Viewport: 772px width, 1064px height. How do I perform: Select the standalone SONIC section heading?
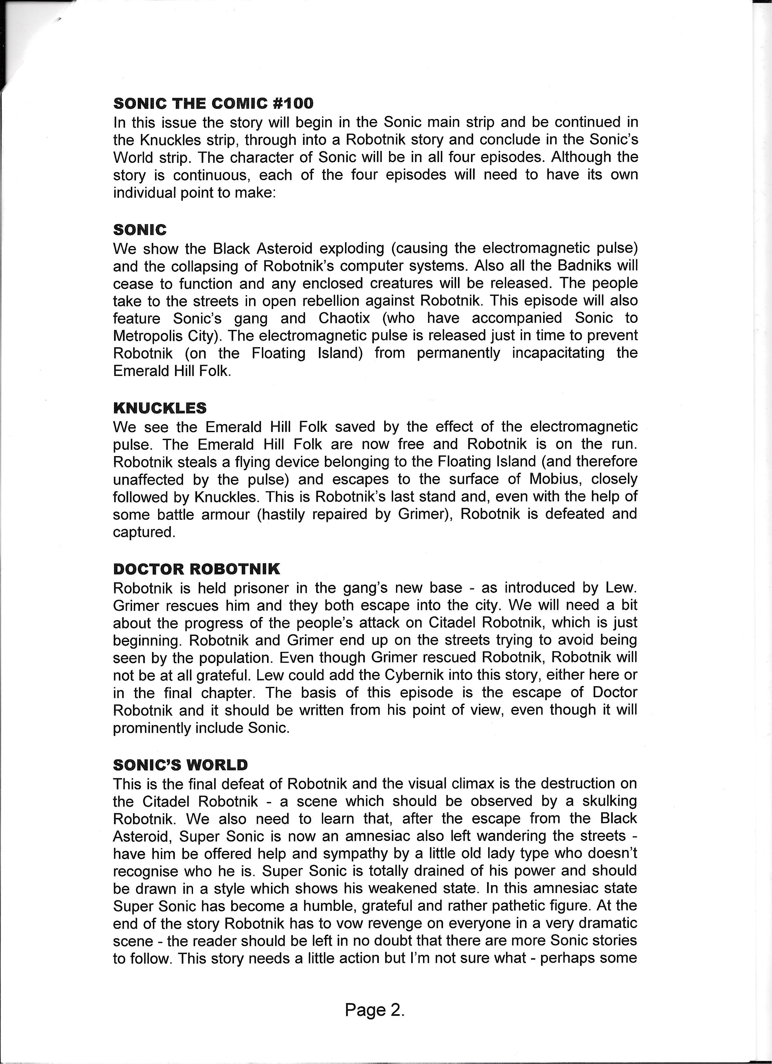[x=140, y=230]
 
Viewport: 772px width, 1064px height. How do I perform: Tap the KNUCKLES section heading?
[x=160, y=408]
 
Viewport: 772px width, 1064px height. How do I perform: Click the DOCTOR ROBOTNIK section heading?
[x=196, y=569]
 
